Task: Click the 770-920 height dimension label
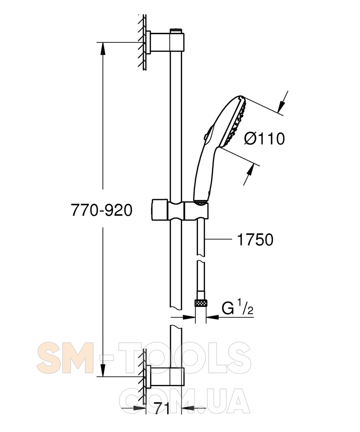point(101,210)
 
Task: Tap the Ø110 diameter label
point(264,139)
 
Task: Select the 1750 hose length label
point(255,240)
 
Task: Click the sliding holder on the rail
point(180,210)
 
